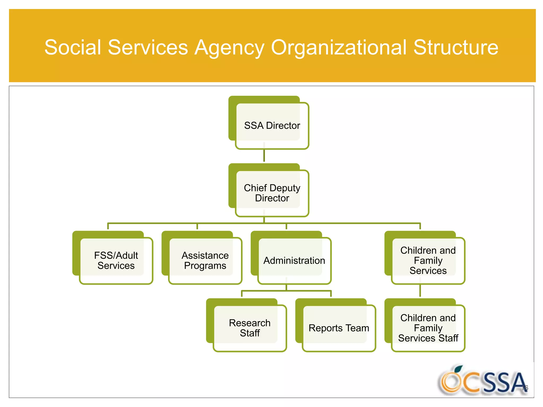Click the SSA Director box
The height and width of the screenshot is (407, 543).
coord(272,126)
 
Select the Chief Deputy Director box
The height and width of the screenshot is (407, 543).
coord(272,193)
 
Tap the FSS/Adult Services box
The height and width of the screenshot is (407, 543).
coord(116,260)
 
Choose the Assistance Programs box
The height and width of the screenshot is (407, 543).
coord(205,260)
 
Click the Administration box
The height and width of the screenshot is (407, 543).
coord(294,260)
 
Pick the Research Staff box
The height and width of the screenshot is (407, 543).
coord(249,328)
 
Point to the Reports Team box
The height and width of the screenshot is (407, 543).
coord(339,328)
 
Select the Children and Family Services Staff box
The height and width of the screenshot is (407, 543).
coord(428,328)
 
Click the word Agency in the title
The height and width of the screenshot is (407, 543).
coord(229,48)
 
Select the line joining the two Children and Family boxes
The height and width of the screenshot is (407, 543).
coord(420,291)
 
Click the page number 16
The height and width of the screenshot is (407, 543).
coord(525,388)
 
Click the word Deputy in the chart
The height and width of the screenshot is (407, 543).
coord(285,188)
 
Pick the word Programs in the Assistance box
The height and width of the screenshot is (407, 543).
coord(205,266)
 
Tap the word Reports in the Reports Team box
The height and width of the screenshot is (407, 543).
coord(326,328)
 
